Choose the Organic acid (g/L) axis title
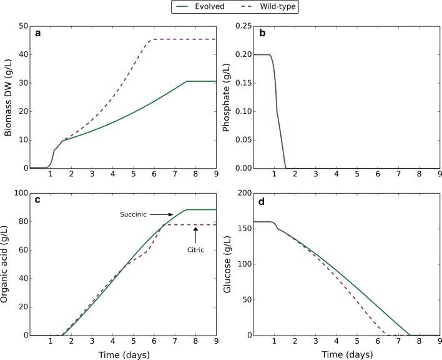[x=7, y=264]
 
